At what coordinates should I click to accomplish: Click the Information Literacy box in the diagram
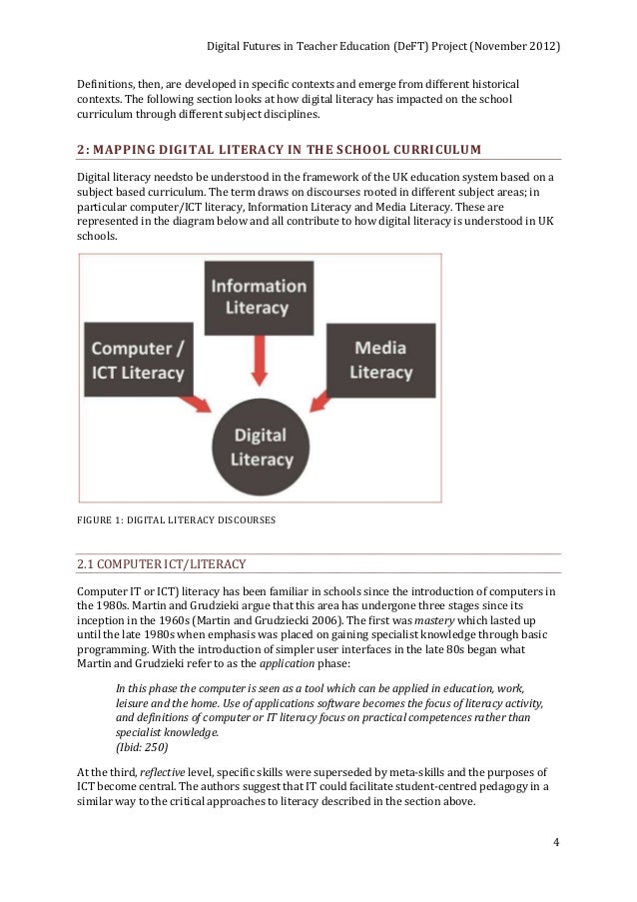click(x=258, y=298)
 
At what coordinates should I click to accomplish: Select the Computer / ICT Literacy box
click(x=138, y=361)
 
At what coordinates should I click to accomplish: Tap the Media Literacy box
click(x=380, y=360)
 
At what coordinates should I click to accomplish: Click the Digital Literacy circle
click(x=260, y=448)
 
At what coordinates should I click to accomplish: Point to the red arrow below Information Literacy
click(x=259, y=362)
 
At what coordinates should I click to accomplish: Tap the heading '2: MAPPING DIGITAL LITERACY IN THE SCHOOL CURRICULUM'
click(x=279, y=150)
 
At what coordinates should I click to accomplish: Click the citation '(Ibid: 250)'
click(x=142, y=747)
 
